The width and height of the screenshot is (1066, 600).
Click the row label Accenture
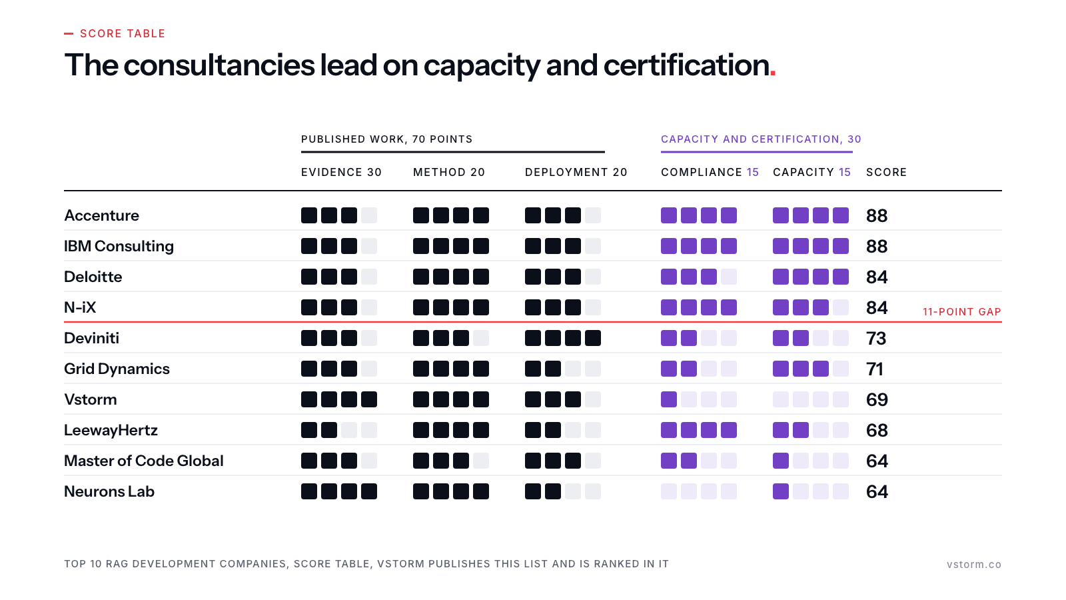point(101,216)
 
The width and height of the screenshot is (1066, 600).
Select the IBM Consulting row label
point(119,246)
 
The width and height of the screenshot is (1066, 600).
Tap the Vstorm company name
point(91,399)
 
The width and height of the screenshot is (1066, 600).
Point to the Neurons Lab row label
point(109,491)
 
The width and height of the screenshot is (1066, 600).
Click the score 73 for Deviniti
point(876,339)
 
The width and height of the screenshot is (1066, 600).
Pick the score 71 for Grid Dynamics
point(875,369)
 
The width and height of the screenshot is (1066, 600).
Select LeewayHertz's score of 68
point(877,431)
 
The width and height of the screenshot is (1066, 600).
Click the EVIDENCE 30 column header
point(341,173)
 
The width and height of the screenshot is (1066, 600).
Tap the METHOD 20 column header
point(449,173)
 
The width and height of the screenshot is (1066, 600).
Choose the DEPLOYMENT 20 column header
point(576,173)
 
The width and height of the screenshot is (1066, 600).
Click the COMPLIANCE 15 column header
point(710,173)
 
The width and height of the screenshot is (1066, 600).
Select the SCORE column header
point(886,173)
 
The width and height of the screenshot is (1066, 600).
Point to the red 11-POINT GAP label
point(962,312)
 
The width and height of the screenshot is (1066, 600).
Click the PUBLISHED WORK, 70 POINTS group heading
point(386,139)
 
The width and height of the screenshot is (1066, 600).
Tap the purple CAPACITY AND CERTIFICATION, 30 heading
point(761,139)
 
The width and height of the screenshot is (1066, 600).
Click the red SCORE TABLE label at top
point(123,34)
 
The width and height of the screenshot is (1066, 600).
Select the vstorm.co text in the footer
point(973,564)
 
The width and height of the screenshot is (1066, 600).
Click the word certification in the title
point(686,65)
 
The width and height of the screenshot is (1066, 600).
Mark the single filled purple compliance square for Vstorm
point(669,399)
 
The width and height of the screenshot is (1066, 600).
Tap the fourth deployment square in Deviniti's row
point(592,338)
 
